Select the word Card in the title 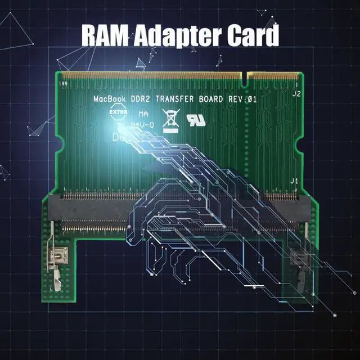251,35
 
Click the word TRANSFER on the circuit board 178,99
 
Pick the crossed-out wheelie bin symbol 170,119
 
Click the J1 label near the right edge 293,181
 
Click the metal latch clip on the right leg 298,264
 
